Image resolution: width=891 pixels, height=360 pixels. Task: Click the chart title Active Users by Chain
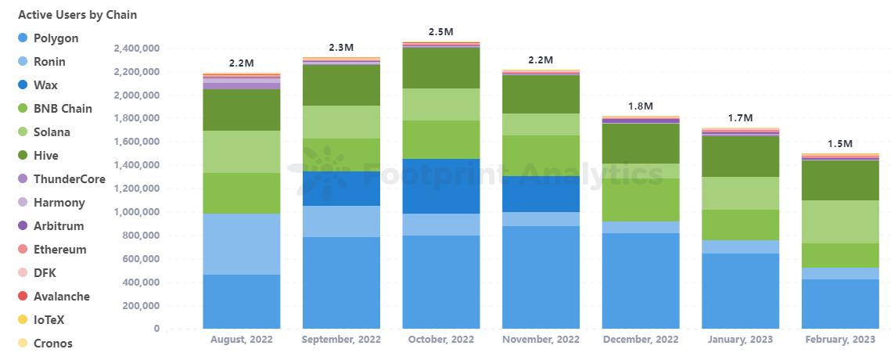pos(77,14)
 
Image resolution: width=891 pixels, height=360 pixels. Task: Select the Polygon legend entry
pos(56,38)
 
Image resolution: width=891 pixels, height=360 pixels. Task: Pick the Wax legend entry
pos(45,85)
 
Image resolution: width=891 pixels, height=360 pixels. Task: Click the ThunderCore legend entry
pos(69,179)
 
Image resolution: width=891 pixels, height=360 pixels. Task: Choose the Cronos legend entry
pos(52,344)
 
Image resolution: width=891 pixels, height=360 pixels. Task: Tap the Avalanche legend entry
pos(61,297)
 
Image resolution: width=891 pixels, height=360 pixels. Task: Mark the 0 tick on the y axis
pos(156,329)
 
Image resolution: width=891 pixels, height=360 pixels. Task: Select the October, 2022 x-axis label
pos(440,340)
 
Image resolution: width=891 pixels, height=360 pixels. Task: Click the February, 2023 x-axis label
pos(840,340)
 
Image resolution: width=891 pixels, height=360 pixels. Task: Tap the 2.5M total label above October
pos(440,32)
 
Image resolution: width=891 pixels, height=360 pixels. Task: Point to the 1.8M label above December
pos(640,106)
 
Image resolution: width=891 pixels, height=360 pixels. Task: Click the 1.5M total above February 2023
pos(840,144)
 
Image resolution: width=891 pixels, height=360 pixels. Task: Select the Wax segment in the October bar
pos(440,186)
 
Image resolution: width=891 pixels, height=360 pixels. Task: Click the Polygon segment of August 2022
pos(241,301)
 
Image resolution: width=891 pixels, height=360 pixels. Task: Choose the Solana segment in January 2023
pos(740,193)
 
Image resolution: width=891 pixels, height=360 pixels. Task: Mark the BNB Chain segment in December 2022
pos(640,200)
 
